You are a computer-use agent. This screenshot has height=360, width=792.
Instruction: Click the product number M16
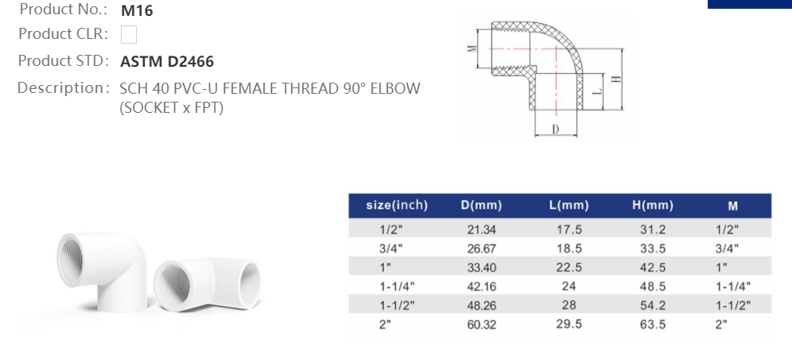tap(137, 11)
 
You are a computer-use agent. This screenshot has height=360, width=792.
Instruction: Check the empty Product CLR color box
tap(129, 35)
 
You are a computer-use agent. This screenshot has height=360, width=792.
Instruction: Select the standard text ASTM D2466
tap(167, 61)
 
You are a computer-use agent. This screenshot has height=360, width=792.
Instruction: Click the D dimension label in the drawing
tap(556, 129)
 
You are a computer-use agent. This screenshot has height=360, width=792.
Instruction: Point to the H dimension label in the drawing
tap(615, 79)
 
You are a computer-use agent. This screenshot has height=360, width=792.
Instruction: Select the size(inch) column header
tap(397, 206)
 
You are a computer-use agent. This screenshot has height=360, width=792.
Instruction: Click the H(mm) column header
tap(652, 206)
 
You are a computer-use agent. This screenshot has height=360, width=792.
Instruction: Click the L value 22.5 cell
tap(569, 267)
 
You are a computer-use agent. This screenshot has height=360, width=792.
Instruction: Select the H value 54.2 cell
tap(652, 306)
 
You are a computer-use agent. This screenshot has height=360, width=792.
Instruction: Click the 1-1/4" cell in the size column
tap(397, 287)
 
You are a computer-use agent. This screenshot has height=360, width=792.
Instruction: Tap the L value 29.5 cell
tap(569, 326)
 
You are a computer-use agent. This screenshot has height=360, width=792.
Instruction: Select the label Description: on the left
tap(62, 87)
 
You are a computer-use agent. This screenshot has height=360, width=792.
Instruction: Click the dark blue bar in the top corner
tap(749, 4)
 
